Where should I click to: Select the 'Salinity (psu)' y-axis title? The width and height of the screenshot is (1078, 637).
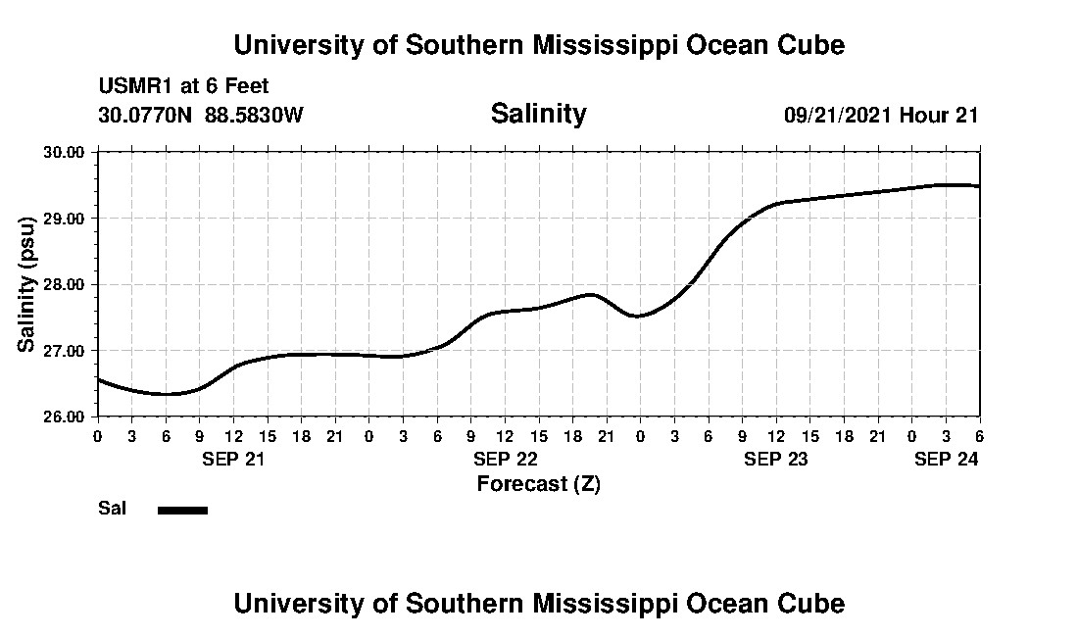click(x=27, y=284)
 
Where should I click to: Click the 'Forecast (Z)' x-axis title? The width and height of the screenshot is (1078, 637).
click(x=538, y=484)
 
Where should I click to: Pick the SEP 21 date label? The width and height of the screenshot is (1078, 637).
click(x=233, y=459)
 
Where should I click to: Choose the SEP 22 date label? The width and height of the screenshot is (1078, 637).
click(x=505, y=459)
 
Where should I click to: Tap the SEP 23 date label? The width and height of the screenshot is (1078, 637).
click(x=775, y=459)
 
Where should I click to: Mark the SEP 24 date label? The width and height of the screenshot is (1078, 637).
click(x=946, y=459)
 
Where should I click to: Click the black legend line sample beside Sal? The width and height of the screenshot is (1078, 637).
click(x=182, y=510)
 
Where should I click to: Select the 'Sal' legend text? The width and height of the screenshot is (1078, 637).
click(x=111, y=509)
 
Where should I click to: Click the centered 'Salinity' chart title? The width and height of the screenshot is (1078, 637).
click(x=538, y=114)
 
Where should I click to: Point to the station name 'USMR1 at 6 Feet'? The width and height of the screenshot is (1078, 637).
click(x=183, y=87)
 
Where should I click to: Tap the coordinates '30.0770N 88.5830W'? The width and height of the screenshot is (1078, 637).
click(x=201, y=116)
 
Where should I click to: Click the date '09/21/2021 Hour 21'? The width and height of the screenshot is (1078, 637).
click(x=881, y=116)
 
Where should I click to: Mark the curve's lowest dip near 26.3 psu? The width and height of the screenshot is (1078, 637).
click(x=168, y=394)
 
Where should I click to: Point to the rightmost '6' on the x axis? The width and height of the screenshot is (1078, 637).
click(x=979, y=435)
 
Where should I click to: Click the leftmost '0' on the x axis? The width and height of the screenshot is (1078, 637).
click(x=98, y=435)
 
